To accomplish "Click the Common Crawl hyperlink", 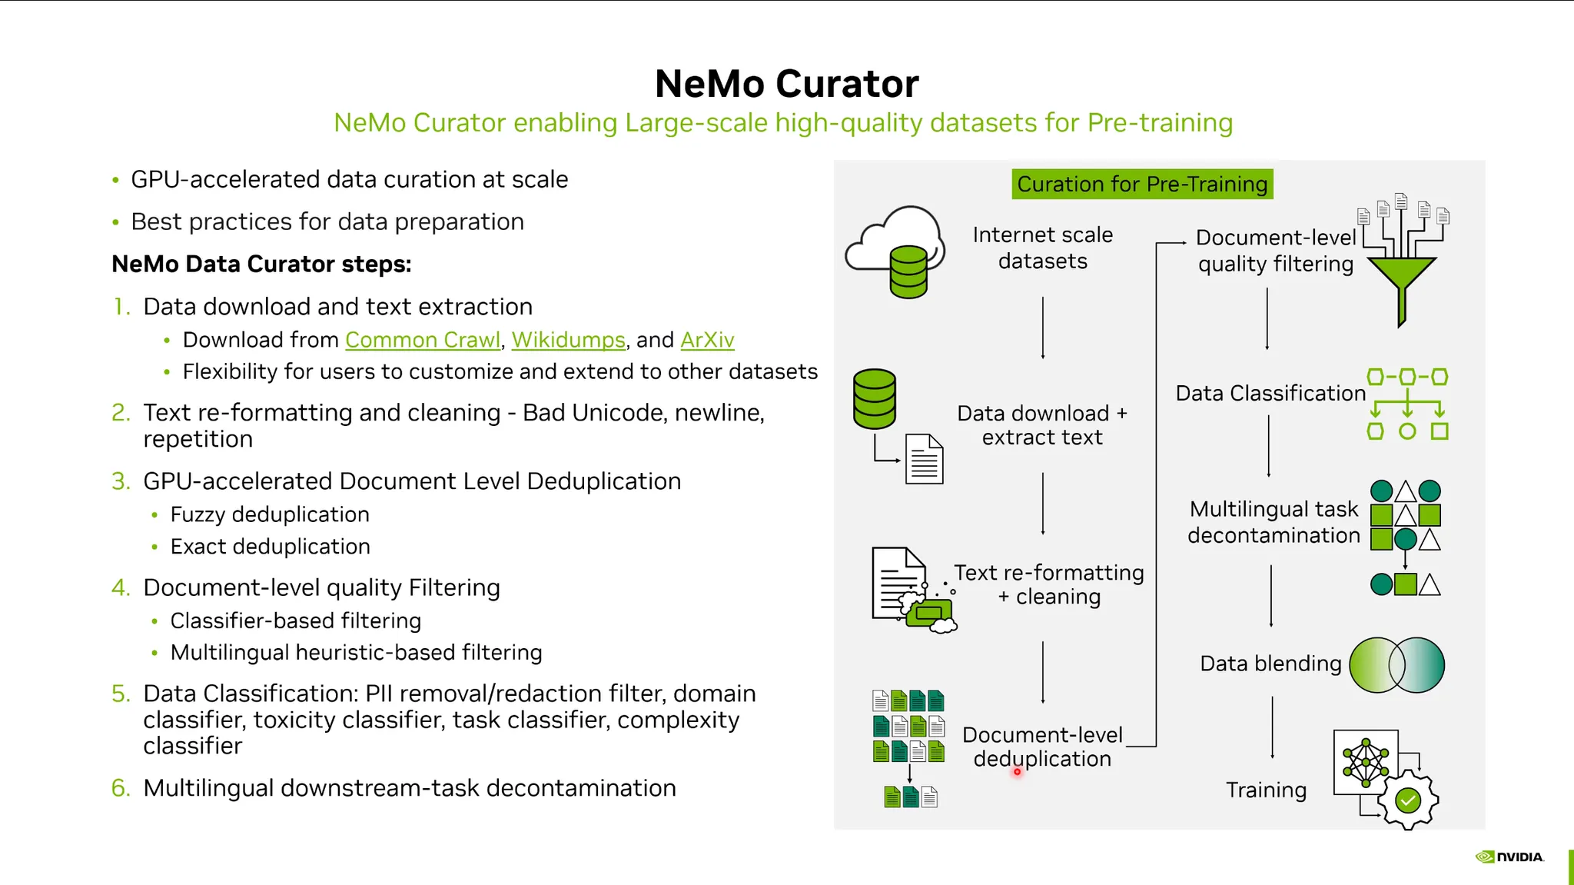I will point(423,340).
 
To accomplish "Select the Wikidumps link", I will point(568,340).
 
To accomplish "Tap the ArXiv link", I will point(707,340).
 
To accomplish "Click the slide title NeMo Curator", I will point(786,84).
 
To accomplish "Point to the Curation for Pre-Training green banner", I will point(1142,185).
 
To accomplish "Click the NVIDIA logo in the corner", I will point(1509,857).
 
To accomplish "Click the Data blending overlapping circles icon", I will point(1396,665).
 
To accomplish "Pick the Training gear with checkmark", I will point(1407,801).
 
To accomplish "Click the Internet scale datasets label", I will point(1042,248).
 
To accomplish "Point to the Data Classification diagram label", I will point(1270,394).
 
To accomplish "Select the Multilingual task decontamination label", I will point(1273,522).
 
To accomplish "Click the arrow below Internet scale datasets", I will point(1043,328).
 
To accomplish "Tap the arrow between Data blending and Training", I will point(1272,727).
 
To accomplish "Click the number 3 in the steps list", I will point(121,481).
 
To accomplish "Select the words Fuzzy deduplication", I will point(270,514).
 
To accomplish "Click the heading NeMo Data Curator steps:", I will point(261,265).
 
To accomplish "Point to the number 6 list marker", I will point(121,788).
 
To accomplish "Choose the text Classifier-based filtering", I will point(296,620).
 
